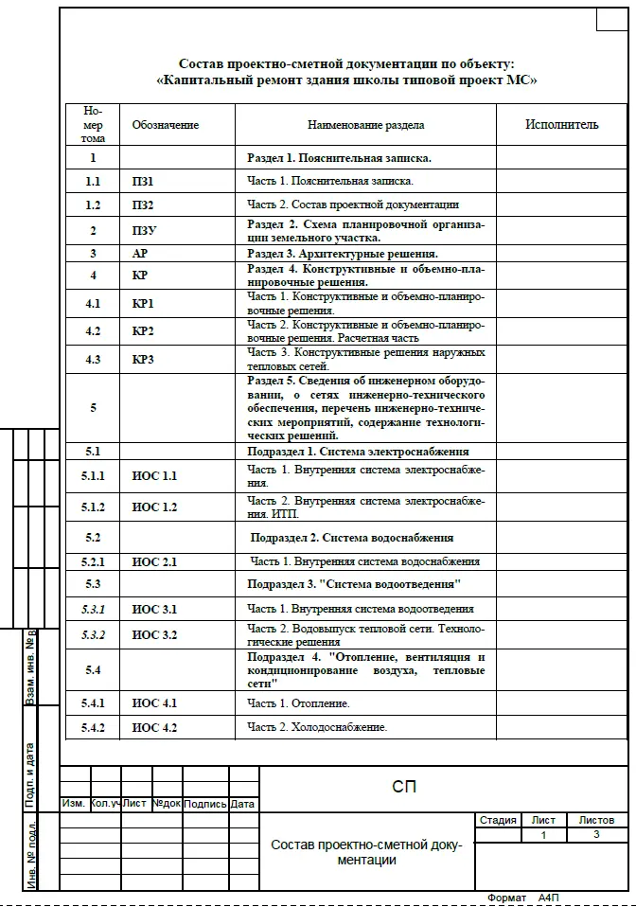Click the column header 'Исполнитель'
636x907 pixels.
(562, 124)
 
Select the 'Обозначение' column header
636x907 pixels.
(166, 124)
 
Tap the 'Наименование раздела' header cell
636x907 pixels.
(366, 124)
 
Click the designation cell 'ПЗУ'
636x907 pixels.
(145, 230)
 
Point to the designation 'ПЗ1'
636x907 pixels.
(143, 180)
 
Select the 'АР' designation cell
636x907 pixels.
(140, 253)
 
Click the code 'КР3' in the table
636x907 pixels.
(143, 360)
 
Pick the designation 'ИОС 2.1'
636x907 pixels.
(154, 561)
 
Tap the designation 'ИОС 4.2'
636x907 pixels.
(154, 727)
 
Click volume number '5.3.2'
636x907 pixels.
(94, 634)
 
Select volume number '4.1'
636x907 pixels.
(93, 304)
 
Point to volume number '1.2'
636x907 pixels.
(93, 205)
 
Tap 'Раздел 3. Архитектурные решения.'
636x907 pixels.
(343, 253)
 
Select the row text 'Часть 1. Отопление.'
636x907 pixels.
(299, 703)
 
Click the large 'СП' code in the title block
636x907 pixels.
(404, 787)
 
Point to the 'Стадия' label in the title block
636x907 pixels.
(498, 820)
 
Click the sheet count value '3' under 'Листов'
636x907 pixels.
(596, 835)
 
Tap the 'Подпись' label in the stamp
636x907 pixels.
(204, 804)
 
